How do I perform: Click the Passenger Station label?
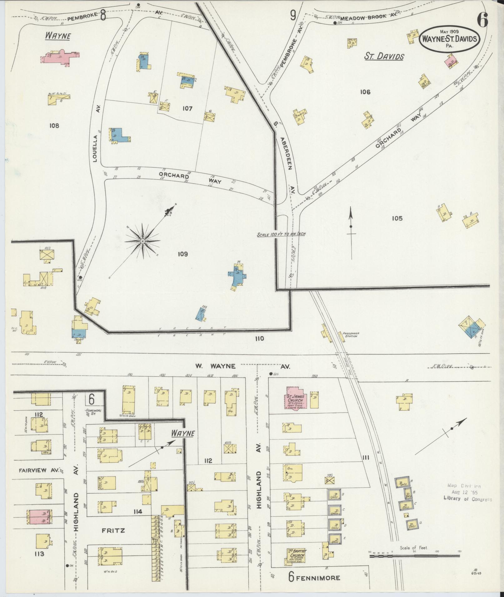(351, 335)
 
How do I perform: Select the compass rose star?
(142, 241)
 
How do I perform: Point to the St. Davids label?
(384, 56)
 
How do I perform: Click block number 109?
(183, 254)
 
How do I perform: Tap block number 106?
(365, 92)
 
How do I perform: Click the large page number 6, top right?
(482, 20)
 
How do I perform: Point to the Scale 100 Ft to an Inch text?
(281, 234)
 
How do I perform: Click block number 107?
(187, 109)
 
